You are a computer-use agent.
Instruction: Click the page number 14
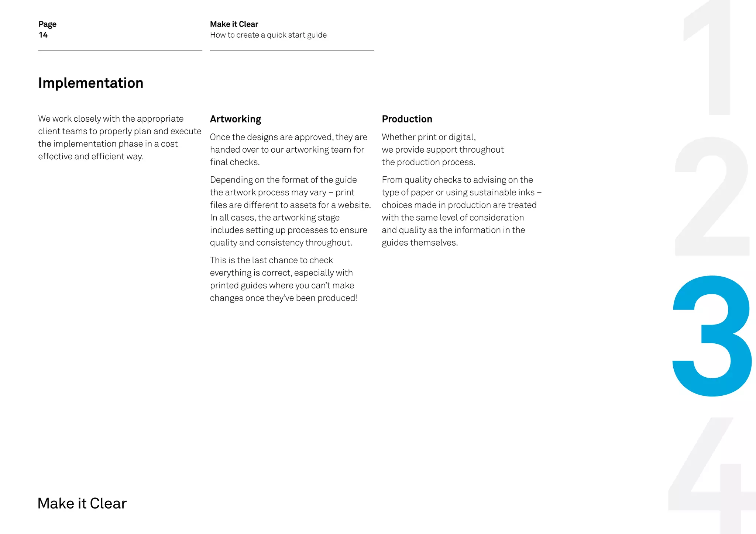click(43, 35)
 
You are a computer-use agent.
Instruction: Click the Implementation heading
click(90, 83)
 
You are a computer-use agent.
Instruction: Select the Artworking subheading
click(236, 119)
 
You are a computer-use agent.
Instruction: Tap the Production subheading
click(407, 119)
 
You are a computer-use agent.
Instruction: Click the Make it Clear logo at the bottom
click(82, 503)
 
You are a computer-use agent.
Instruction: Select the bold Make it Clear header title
click(234, 24)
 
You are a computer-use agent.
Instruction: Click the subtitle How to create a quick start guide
click(268, 35)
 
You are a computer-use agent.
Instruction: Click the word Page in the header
click(48, 24)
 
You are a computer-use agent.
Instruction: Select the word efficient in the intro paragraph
click(107, 156)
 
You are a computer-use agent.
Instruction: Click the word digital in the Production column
click(462, 137)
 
